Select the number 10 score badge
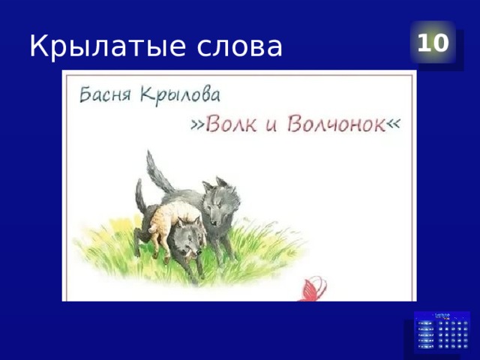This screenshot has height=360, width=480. pyautogui.click(x=433, y=43)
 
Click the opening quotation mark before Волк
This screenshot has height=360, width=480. pyautogui.click(x=196, y=125)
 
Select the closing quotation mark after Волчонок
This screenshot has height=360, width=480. pyautogui.click(x=391, y=125)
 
